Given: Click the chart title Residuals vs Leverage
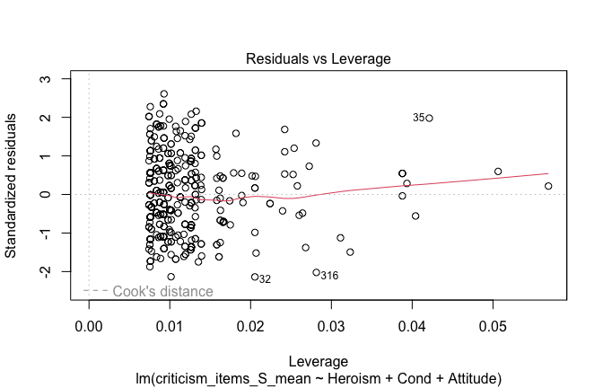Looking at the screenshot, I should (318, 59).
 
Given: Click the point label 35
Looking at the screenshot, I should (419, 118).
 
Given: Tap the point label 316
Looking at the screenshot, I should (329, 276).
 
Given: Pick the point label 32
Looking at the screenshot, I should (265, 279).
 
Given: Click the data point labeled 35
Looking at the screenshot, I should (430, 118).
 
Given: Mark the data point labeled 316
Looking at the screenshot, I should (316, 272).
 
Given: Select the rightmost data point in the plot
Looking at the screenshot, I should (548, 186).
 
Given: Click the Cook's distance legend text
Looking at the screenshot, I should (162, 291).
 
